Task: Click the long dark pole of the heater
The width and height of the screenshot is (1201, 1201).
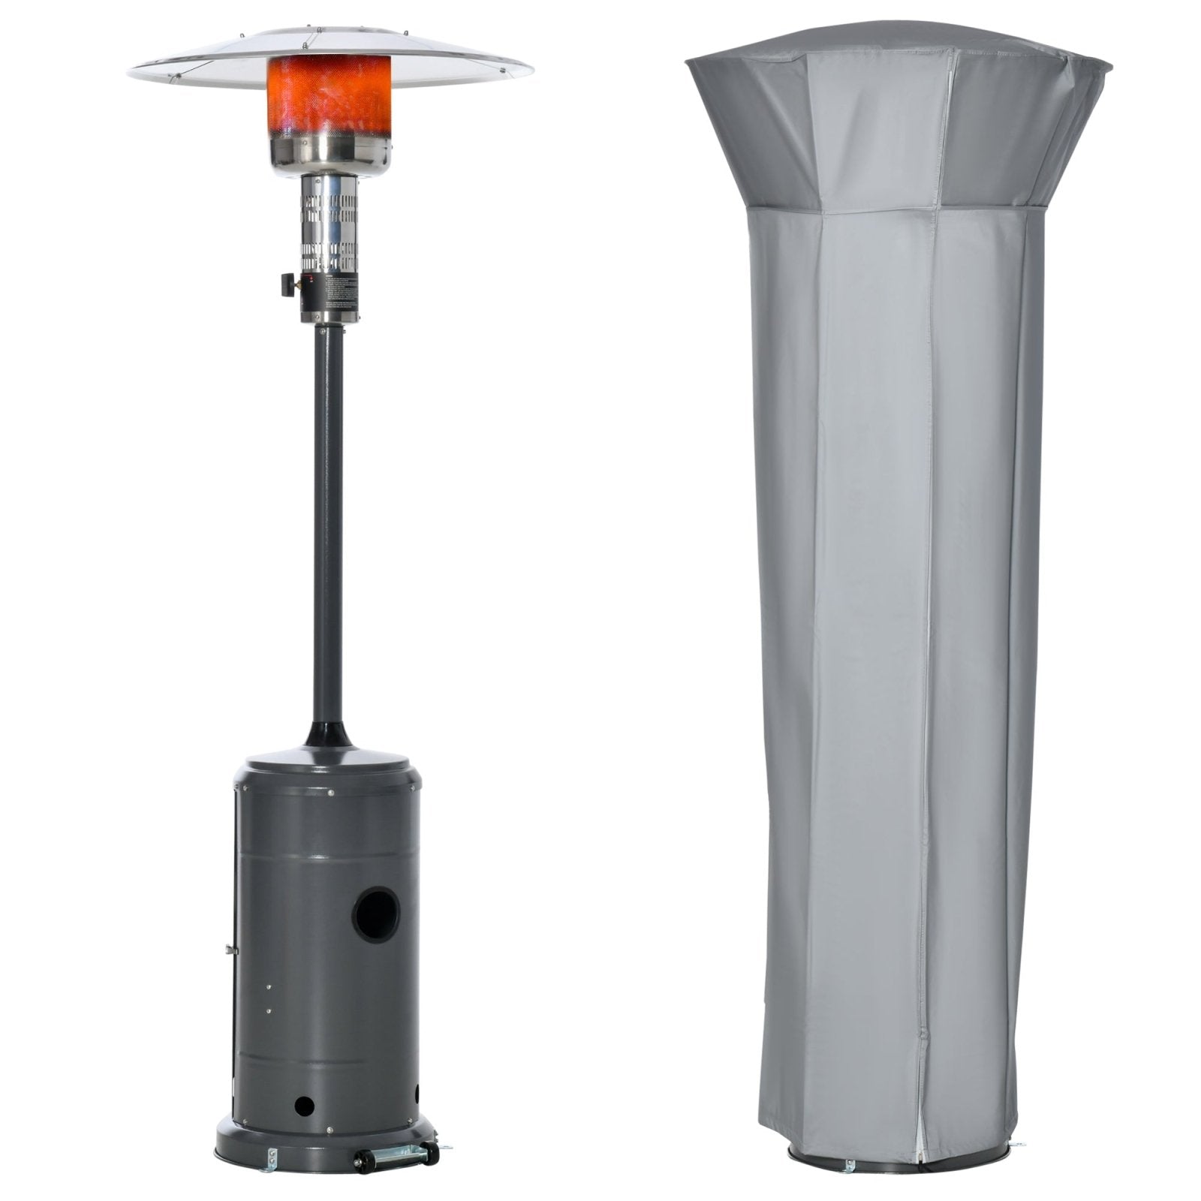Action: [329, 525]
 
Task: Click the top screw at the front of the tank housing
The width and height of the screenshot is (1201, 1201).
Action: [331, 791]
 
